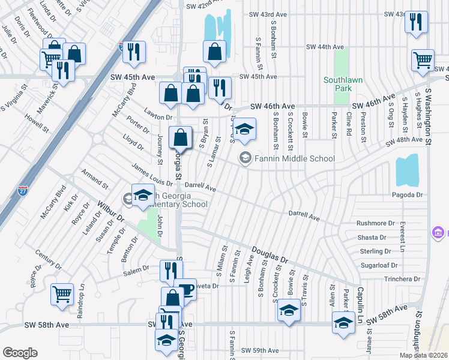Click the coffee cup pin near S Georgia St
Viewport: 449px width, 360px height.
click(185, 289)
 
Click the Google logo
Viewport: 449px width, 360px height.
click(20, 353)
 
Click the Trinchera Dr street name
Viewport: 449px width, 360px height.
click(385, 279)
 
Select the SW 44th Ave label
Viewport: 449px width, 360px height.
click(325, 47)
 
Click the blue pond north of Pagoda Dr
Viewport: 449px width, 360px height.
click(407, 170)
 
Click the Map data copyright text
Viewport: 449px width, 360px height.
click(423, 355)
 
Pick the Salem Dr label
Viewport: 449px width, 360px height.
click(136, 270)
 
